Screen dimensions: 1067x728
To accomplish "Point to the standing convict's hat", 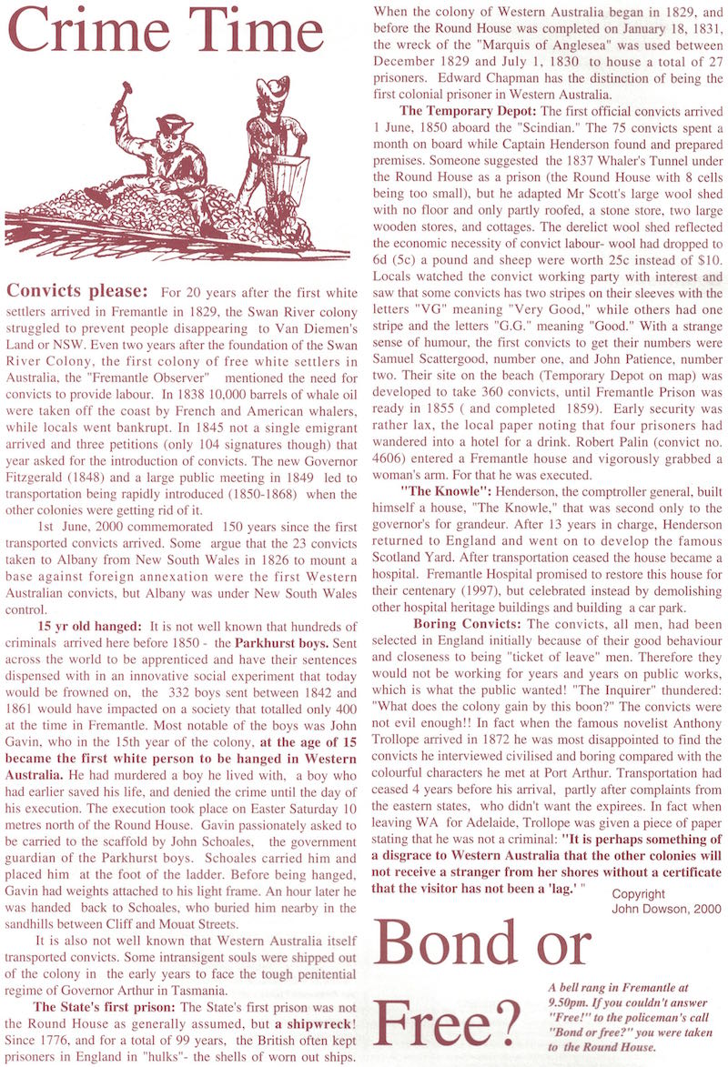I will click(x=272, y=88).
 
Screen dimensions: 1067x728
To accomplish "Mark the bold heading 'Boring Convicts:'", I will click(x=467, y=624).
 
